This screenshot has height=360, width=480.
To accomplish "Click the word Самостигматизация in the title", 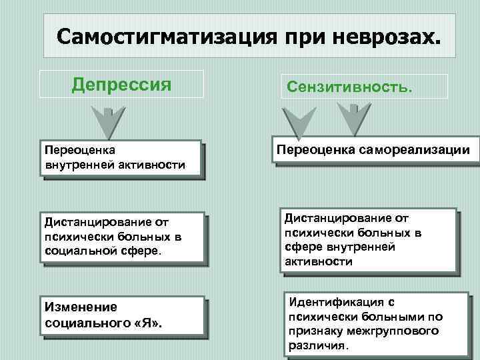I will pyautogui.click(x=159, y=35).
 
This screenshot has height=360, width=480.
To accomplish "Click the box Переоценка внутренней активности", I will pyautogui.click(x=121, y=157).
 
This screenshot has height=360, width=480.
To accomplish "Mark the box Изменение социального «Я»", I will pyautogui.click(x=123, y=315).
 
